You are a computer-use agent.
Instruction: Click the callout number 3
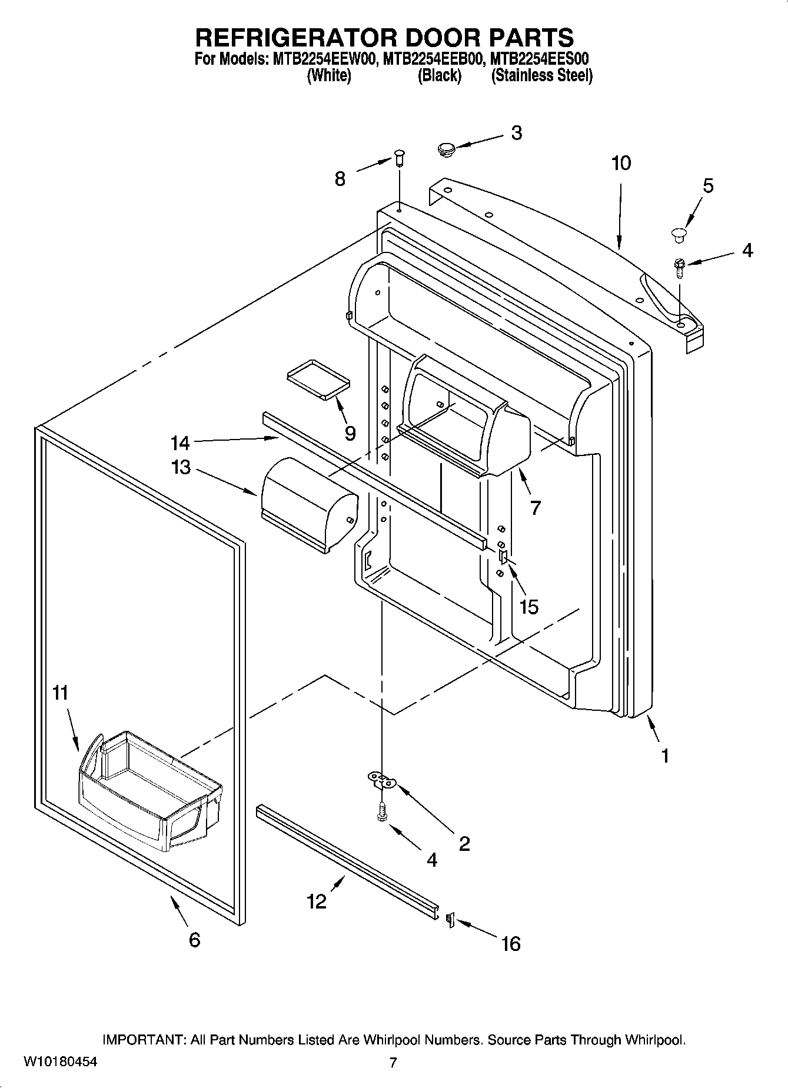516,133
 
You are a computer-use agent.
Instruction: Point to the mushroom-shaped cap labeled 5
679,235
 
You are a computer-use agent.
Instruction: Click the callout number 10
621,163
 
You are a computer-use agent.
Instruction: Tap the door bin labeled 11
150,788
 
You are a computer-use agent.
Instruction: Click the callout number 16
510,944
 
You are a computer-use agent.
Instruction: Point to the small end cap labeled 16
450,920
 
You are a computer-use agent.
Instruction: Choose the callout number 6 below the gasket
194,940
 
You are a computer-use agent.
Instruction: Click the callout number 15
528,607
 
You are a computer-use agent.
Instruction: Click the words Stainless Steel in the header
541,75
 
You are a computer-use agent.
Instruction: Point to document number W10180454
61,1062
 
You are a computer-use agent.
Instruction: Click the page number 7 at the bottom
393,1062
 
